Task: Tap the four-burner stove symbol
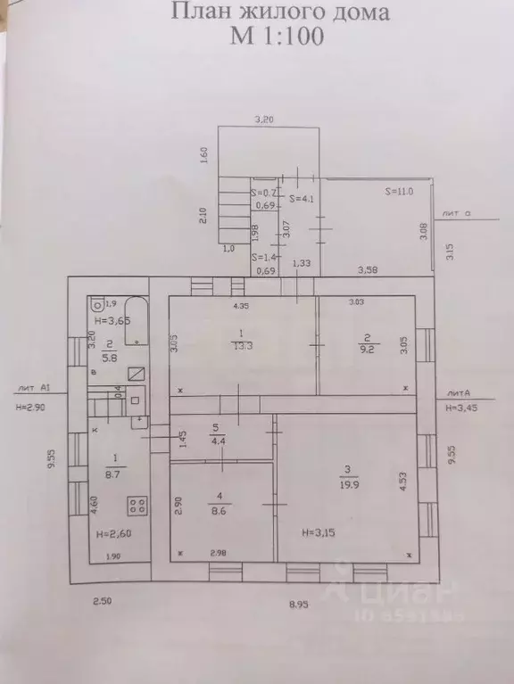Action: tap(138, 507)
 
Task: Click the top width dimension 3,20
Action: tap(264, 118)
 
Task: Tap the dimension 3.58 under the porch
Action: tap(367, 268)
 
